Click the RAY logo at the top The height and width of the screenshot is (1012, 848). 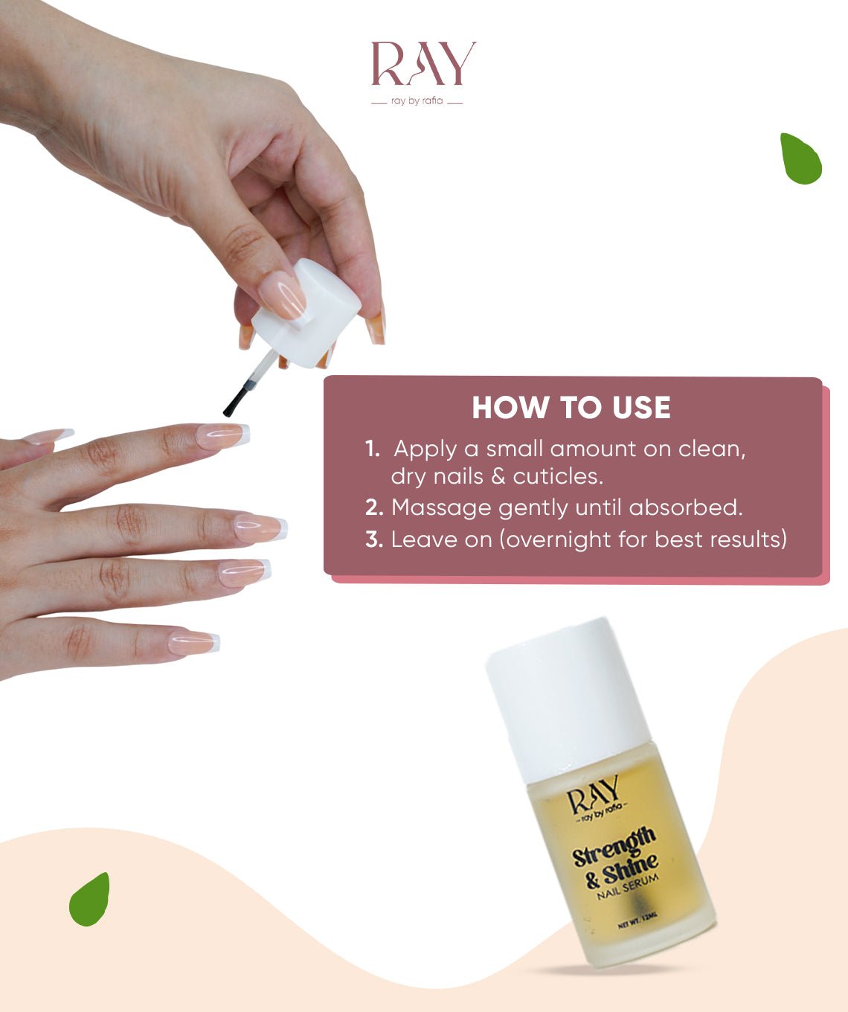coord(423,64)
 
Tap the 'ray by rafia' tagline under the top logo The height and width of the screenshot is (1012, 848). coord(417,101)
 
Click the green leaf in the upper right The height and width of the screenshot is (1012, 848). coord(800,158)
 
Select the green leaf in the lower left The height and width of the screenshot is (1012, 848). coord(90,900)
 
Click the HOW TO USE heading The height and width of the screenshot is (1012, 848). coord(571,408)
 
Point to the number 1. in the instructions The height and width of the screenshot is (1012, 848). coord(372,449)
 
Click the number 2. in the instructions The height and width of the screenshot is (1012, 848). coord(374,507)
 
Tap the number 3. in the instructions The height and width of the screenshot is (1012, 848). coord(374,539)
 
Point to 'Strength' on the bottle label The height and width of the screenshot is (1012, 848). coord(614,846)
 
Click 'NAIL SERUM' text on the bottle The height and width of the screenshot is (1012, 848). coord(628,886)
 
